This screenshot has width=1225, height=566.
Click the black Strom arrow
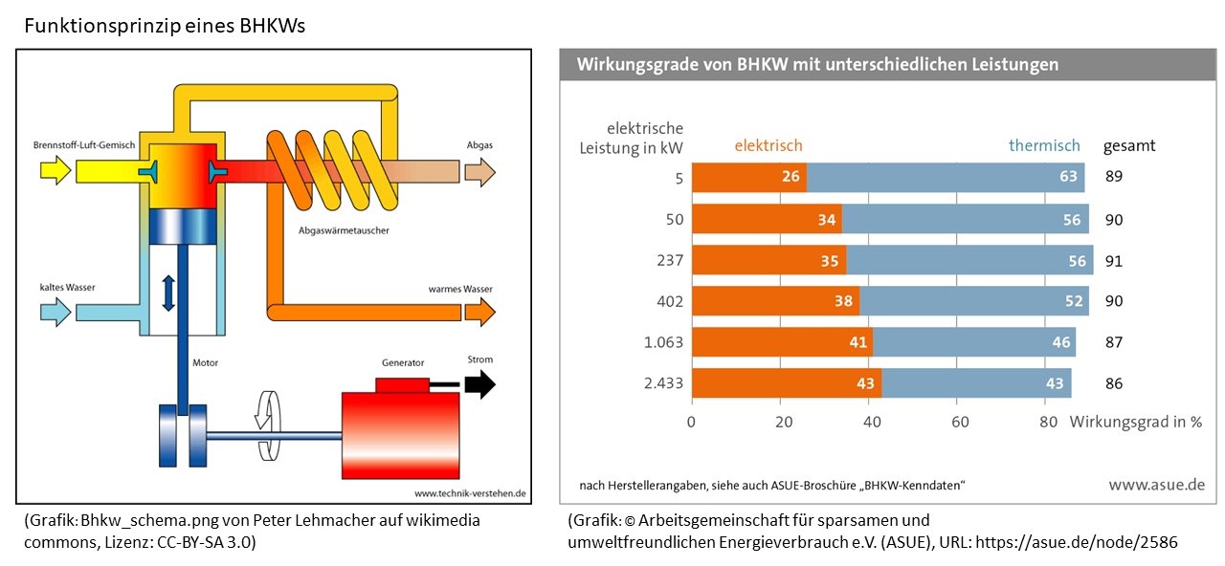point(480,384)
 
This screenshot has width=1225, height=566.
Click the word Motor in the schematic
point(206,363)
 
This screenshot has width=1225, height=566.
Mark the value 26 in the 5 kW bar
point(791,177)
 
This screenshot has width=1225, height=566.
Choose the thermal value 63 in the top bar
point(1068,177)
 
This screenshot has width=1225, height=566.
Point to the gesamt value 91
point(1113,260)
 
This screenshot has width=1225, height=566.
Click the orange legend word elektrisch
point(768,145)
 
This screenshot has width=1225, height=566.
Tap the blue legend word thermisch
point(1044,145)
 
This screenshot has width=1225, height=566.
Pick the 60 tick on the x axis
point(960,422)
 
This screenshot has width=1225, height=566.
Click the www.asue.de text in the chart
point(1156,485)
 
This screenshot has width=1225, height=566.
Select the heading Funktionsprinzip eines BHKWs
point(165,26)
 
